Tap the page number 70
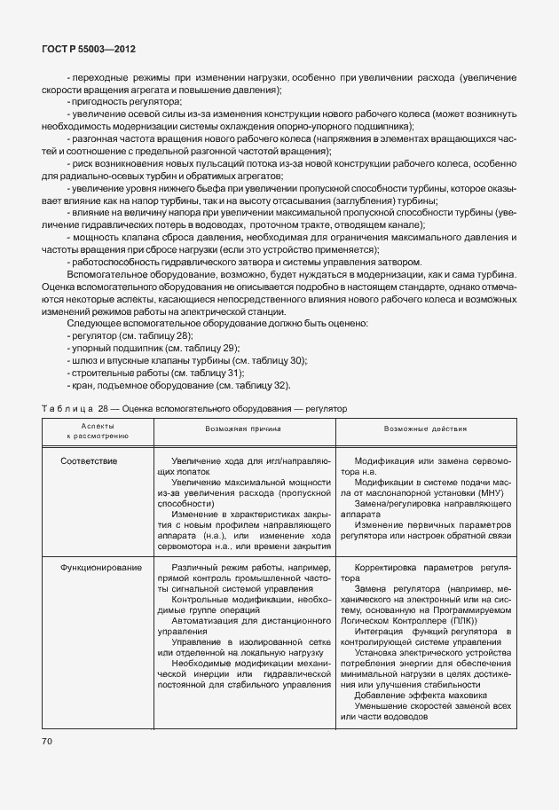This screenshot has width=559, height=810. [48, 741]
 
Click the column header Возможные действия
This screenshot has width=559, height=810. [425, 429]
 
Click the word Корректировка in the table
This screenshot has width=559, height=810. [393, 567]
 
